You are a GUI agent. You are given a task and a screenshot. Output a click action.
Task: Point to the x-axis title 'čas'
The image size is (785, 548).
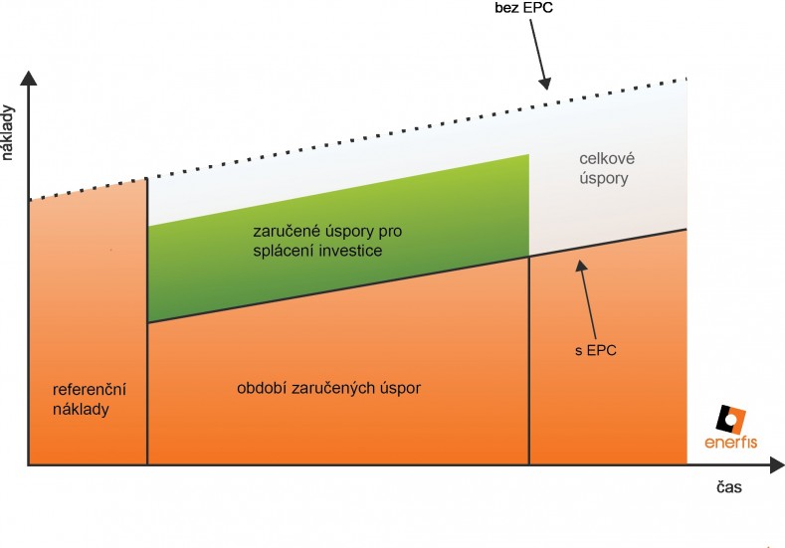(x=728, y=489)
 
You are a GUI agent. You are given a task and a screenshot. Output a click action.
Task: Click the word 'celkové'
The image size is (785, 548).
(x=606, y=159)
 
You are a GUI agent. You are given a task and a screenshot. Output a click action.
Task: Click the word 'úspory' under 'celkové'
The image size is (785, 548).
(x=606, y=179)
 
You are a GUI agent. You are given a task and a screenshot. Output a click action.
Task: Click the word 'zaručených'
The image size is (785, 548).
(x=336, y=388)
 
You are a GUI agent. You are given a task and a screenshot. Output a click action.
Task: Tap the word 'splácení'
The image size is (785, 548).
(x=285, y=252)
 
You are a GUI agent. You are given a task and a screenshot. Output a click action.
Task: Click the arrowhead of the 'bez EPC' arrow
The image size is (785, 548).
(x=546, y=86)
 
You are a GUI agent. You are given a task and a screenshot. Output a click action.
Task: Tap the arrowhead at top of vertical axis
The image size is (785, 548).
(x=30, y=78)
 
